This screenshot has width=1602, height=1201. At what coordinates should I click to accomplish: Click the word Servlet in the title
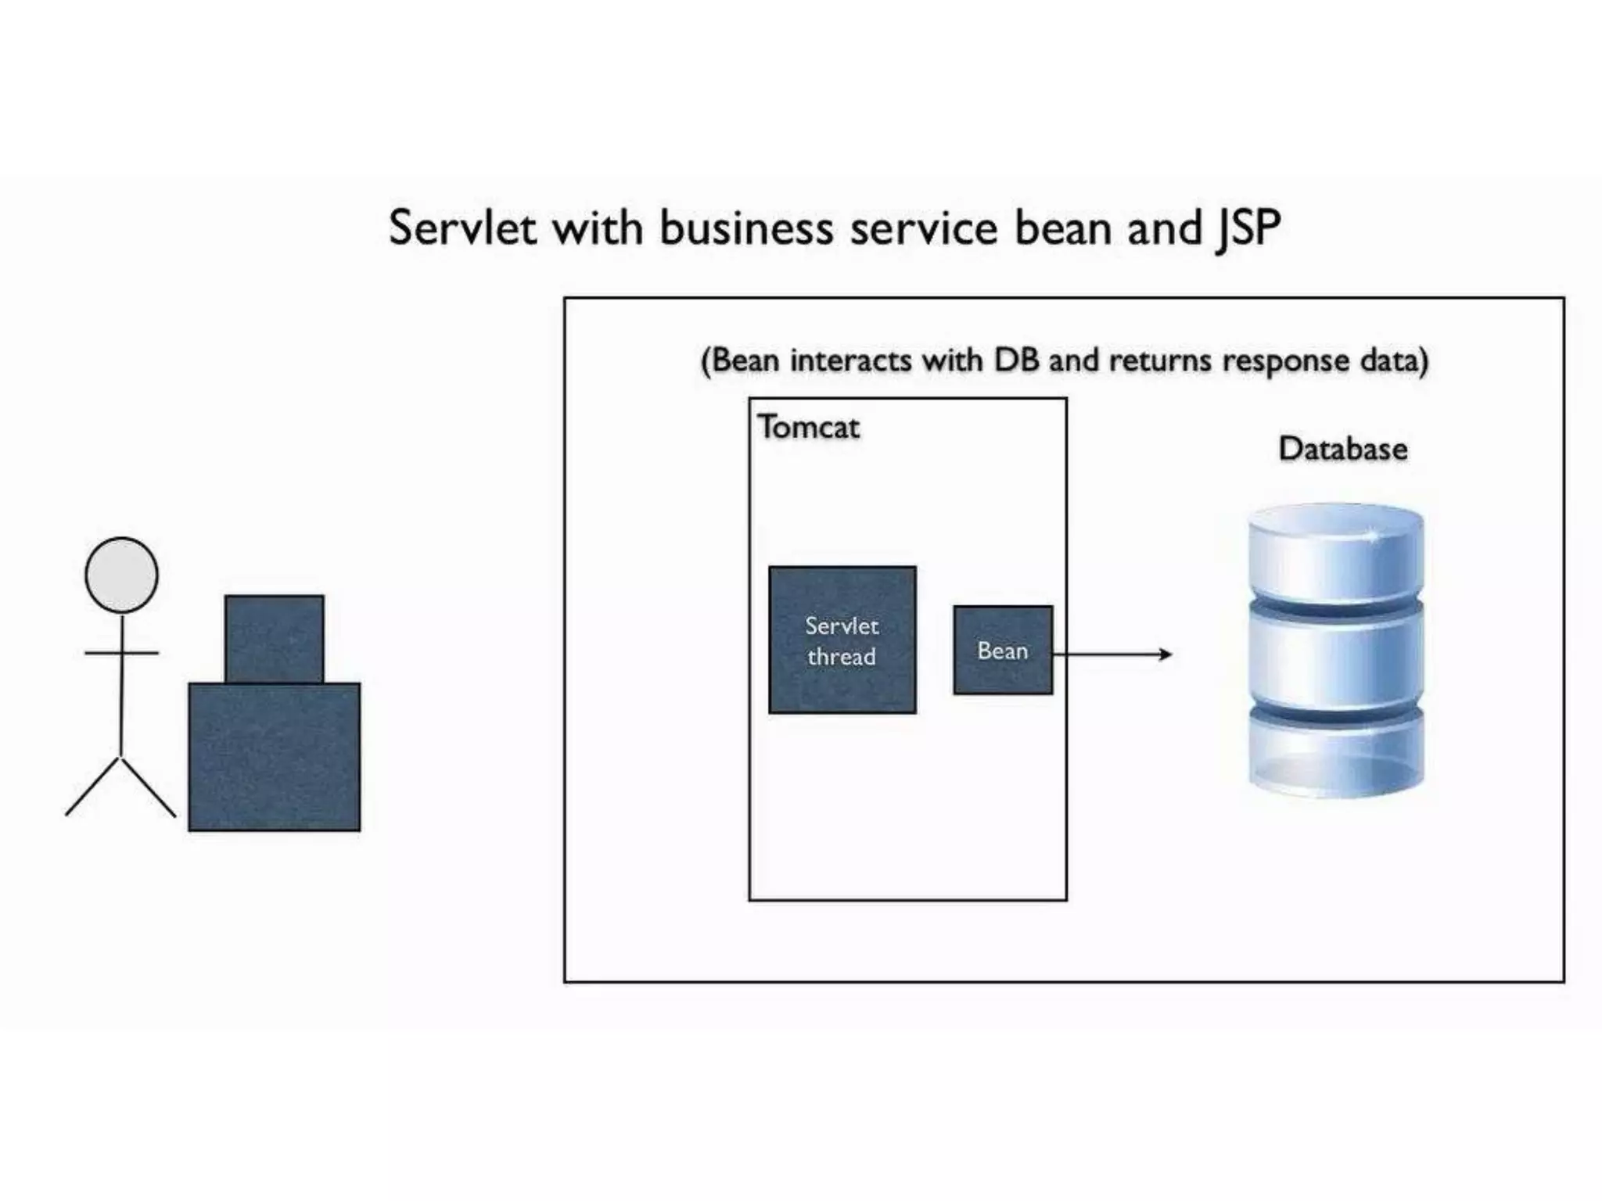462,228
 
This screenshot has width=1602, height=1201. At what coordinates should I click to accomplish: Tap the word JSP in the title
1248,228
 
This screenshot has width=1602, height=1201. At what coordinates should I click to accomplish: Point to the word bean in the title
1064,228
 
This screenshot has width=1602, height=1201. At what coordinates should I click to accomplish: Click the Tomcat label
808,428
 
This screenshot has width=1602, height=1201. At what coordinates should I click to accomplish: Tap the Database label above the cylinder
1342,449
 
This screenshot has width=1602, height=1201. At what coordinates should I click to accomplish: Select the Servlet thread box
842,640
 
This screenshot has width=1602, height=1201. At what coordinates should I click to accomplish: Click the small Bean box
1002,650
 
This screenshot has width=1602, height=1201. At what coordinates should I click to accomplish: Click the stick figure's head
121,575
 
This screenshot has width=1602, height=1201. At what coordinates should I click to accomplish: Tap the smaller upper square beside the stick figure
274,638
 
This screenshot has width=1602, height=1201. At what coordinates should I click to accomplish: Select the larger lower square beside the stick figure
274,756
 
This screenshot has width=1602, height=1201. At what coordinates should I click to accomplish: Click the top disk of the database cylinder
1335,551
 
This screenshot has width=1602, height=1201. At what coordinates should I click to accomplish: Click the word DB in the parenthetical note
1016,360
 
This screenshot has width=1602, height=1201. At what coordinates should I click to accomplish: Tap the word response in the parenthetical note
1285,360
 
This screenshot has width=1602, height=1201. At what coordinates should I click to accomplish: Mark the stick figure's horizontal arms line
121,652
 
